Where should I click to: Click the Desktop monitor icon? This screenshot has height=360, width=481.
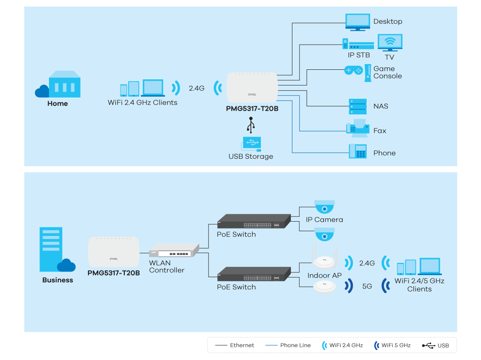(x=357, y=22)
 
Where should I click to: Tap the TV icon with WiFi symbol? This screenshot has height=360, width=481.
(x=390, y=43)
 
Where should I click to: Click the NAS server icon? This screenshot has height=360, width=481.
(x=358, y=106)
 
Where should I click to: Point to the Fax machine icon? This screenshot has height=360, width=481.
(x=357, y=128)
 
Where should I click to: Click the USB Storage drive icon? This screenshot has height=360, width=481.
(x=251, y=144)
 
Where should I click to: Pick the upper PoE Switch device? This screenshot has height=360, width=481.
(x=254, y=222)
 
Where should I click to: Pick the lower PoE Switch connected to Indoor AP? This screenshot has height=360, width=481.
(x=254, y=275)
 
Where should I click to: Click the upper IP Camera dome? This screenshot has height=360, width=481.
(x=324, y=206)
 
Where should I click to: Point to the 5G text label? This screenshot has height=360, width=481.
(x=367, y=286)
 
